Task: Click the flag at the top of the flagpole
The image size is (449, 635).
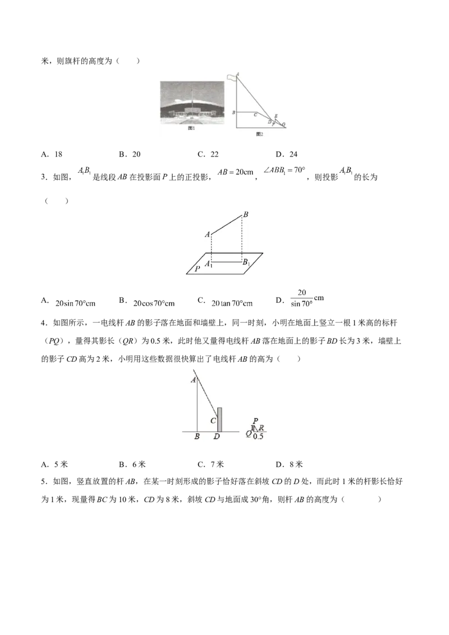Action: tap(231, 76)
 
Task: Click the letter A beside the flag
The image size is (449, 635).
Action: tap(238, 73)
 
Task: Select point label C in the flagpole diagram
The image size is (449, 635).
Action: tap(255, 114)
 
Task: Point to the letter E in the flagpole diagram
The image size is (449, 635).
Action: tap(276, 116)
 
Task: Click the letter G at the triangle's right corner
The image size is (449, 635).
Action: tap(283, 124)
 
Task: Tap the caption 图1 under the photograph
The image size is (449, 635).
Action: tap(191, 128)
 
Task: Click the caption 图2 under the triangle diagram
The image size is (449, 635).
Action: tap(259, 134)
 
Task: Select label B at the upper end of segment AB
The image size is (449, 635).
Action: tap(245, 214)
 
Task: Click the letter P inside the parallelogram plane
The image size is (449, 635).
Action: tap(197, 269)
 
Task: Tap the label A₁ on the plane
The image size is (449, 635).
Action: tap(208, 263)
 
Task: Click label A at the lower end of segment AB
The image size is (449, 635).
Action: tap(207, 234)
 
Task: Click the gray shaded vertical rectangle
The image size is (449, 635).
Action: tap(220, 420)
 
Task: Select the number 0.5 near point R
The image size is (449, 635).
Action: tap(258, 436)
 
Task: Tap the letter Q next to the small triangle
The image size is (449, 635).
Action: tap(249, 433)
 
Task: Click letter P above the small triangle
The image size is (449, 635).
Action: tap(255, 421)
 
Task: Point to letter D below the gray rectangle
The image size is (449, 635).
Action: tap(217, 436)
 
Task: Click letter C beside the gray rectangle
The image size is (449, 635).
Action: tap(213, 421)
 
